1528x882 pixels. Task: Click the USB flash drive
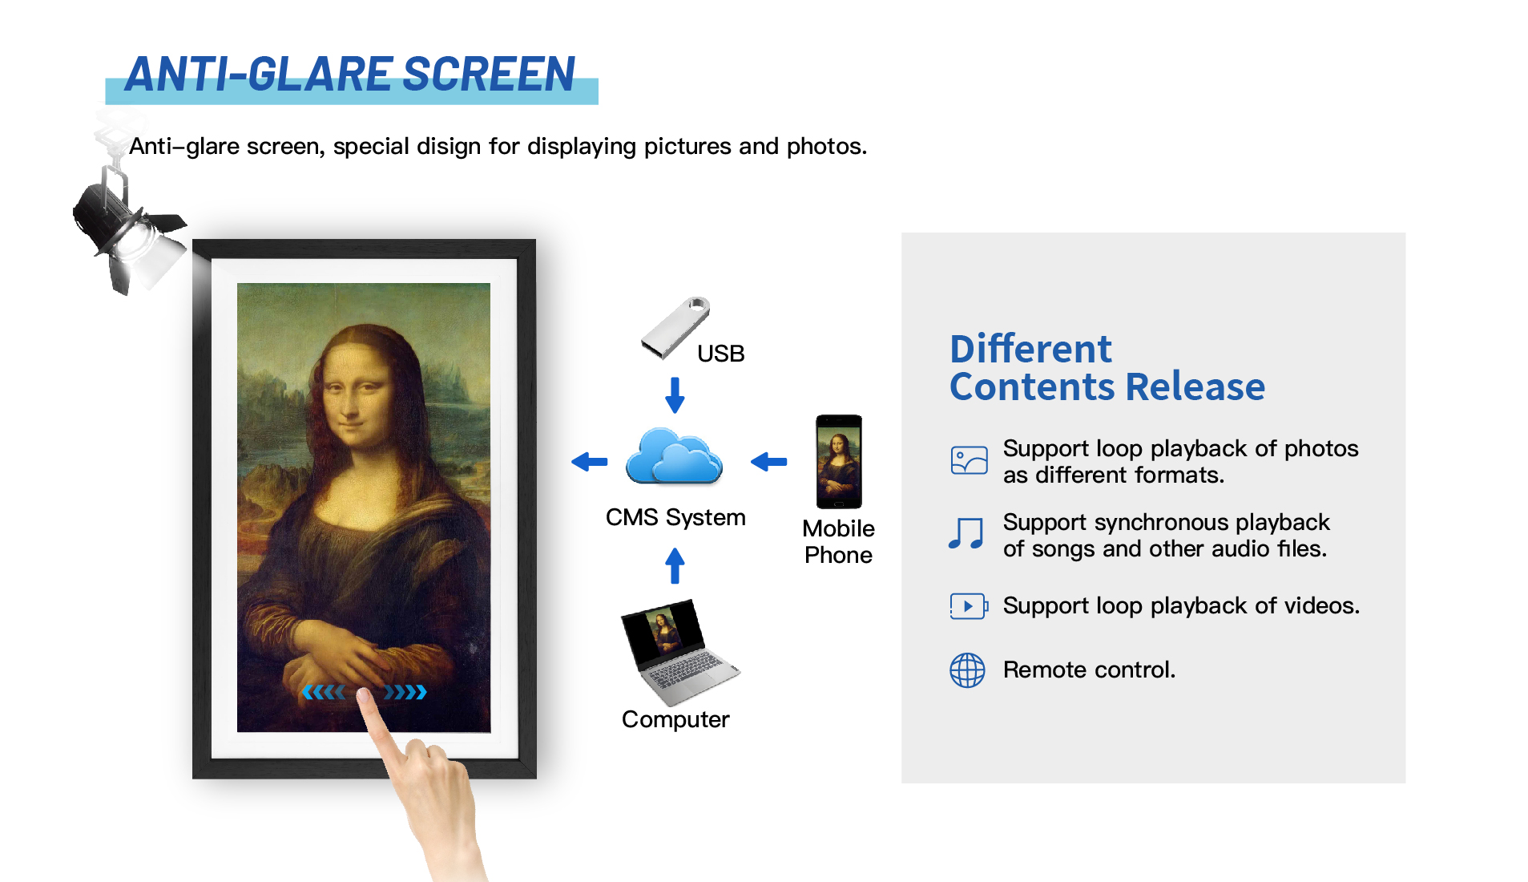[x=675, y=327]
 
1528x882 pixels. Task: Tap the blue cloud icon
[x=674, y=456]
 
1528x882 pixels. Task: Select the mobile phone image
[x=838, y=462]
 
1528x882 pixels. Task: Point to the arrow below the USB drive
[x=675, y=394]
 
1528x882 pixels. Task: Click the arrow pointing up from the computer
[x=675, y=565]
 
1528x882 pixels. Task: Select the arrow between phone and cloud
[x=769, y=461]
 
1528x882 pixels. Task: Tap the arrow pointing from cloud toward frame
[x=590, y=461]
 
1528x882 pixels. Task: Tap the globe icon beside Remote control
[x=967, y=670]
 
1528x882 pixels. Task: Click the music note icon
[x=966, y=533]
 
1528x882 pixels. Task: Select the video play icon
[x=969, y=606]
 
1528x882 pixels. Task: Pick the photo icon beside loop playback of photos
[x=969, y=460]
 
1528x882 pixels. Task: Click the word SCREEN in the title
[x=489, y=75]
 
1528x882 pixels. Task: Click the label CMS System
[x=675, y=517]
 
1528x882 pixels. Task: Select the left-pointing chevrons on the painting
[x=323, y=692]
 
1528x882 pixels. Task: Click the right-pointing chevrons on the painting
[x=405, y=692]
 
